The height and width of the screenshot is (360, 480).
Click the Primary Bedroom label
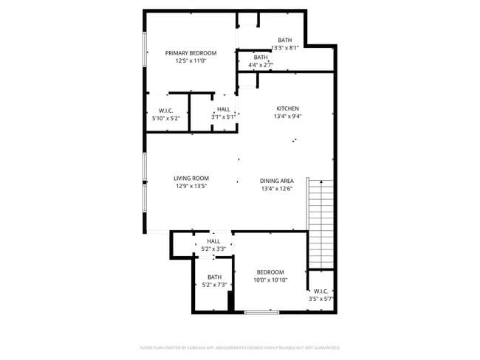(x=191, y=53)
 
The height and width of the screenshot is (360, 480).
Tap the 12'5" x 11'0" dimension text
(x=191, y=61)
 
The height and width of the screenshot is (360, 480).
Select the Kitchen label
(x=287, y=108)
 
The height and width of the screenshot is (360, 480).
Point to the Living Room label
(x=191, y=178)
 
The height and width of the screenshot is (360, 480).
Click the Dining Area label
(x=277, y=181)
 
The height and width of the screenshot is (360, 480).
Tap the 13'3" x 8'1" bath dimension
(x=285, y=48)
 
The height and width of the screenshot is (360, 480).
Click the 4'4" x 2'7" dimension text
(x=261, y=65)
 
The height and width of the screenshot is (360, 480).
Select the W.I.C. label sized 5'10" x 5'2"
(x=165, y=110)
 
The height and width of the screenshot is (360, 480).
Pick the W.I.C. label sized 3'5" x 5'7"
(x=321, y=291)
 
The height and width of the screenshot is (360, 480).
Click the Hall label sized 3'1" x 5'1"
(x=224, y=109)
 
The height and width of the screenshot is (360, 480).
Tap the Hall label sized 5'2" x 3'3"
(x=213, y=241)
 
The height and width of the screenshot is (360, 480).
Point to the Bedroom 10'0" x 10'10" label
(x=270, y=272)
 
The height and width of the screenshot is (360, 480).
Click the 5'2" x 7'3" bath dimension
(x=214, y=285)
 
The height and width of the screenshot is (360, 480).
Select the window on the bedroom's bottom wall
(x=261, y=313)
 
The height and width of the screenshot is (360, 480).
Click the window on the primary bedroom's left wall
(x=145, y=53)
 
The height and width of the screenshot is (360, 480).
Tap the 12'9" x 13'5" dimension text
(x=191, y=186)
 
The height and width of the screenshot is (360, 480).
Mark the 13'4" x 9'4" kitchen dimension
(x=287, y=116)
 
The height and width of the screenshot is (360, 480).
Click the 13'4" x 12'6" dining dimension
(x=277, y=189)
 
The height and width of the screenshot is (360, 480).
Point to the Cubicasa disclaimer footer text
(x=240, y=347)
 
